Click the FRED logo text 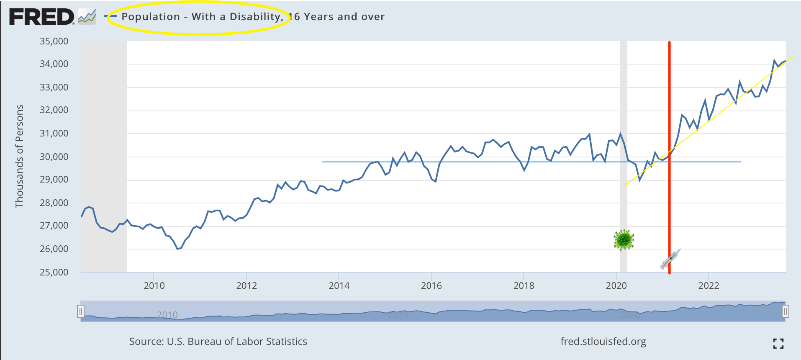(x=41, y=17)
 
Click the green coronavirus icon (x=624, y=240)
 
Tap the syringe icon (x=670, y=258)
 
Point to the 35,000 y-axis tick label (x=54, y=41)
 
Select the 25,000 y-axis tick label (x=54, y=273)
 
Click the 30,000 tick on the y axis (x=54, y=157)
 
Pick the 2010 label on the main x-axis (x=154, y=286)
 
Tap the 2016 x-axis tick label (x=431, y=286)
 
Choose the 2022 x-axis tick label (x=709, y=286)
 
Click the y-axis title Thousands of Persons (x=19, y=156)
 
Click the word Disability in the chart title (x=255, y=17)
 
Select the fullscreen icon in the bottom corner (x=778, y=344)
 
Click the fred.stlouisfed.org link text (x=603, y=342)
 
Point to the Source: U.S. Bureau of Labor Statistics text (x=218, y=342)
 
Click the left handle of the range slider (x=81, y=311)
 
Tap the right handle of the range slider (x=786, y=311)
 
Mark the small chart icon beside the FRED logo (x=87, y=17)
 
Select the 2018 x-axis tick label (x=524, y=286)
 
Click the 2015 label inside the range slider (x=398, y=315)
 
